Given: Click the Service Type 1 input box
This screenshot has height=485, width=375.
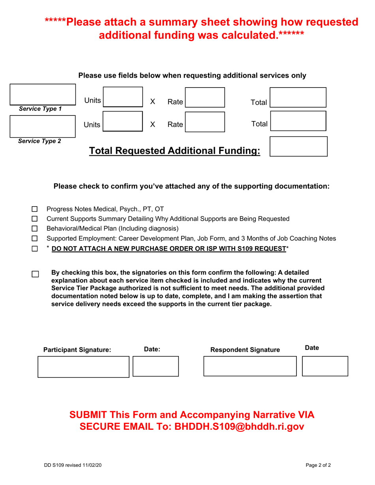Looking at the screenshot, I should point(42,95).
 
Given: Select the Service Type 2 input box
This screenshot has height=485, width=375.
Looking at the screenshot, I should point(42,126).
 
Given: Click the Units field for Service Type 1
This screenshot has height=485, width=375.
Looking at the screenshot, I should point(122,97).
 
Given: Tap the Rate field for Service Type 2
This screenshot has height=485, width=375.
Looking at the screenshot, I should point(204,121).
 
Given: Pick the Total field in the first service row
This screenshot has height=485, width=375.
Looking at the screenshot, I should point(298,97).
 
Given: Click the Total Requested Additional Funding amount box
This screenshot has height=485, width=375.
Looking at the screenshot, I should point(298,147).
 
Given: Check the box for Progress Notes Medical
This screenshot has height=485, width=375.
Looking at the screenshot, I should point(34,209).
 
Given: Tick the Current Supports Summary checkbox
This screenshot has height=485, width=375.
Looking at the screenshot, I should point(34,219).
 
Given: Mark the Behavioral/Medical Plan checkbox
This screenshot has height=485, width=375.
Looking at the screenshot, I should point(34,229).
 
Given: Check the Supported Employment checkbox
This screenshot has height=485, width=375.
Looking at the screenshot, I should point(34,239).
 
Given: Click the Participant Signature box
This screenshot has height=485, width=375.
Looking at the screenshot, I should point(83,367).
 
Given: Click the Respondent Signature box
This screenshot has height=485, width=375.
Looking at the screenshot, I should point(249,366).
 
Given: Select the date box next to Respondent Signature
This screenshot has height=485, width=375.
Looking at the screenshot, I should point(325,366).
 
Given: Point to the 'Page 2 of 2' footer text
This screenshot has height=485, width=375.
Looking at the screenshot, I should point(318,465).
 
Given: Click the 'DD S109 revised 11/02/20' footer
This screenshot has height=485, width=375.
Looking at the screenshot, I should point(73,465).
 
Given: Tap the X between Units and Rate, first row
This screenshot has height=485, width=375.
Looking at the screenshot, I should point(152,102).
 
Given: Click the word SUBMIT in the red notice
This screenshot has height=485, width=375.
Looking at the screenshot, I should point(89,415).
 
